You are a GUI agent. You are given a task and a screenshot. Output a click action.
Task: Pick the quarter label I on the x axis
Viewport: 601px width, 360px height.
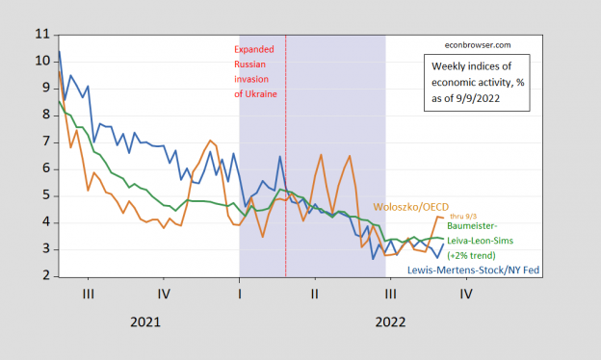click(239, 293)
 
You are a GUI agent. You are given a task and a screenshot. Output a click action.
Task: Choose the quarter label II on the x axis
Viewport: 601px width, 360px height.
click(314, 293)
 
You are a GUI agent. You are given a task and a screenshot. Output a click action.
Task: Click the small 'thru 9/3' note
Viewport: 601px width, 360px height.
click(465, 217)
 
